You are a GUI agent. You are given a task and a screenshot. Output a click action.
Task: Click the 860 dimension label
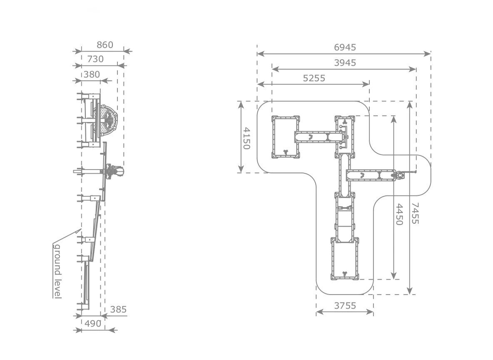click(x=105, y=45)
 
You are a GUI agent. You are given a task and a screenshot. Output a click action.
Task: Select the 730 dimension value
click(x=95, y=59)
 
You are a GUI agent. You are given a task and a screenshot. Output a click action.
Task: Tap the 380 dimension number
click(x=92, y=75)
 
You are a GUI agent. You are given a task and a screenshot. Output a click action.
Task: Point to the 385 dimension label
click(x=118, y=310)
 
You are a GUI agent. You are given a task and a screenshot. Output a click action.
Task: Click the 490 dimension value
click(x=93, y=324)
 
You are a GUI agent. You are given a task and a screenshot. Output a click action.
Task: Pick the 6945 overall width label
click(x=345, y=47)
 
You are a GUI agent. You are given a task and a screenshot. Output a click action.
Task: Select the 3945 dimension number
click(x=345, y=63)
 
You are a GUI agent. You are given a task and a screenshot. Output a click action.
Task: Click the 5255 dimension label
click(x=314, y=78)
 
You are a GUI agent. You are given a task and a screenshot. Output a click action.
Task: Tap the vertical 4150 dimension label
click(x=247, y=138)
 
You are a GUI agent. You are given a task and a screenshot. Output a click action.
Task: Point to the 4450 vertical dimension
click(x=399, y=214)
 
